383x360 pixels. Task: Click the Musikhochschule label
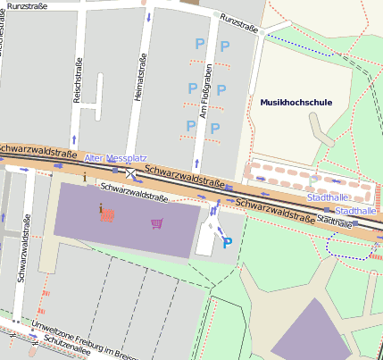pos(296,103)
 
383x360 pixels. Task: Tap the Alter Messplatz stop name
pos(115,158)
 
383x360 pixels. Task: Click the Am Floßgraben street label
pos(205,92)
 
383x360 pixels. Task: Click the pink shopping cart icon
pos(157,222)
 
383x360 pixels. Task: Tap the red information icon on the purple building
pos(105,213)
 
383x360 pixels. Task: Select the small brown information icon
pos(85,177)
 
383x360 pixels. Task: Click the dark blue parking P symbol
pos(227,242)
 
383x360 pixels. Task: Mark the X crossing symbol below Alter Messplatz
pos(131,172)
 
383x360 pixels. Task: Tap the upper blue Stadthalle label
pos(326,197)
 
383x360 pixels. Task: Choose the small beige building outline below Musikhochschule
pos(322,134)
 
